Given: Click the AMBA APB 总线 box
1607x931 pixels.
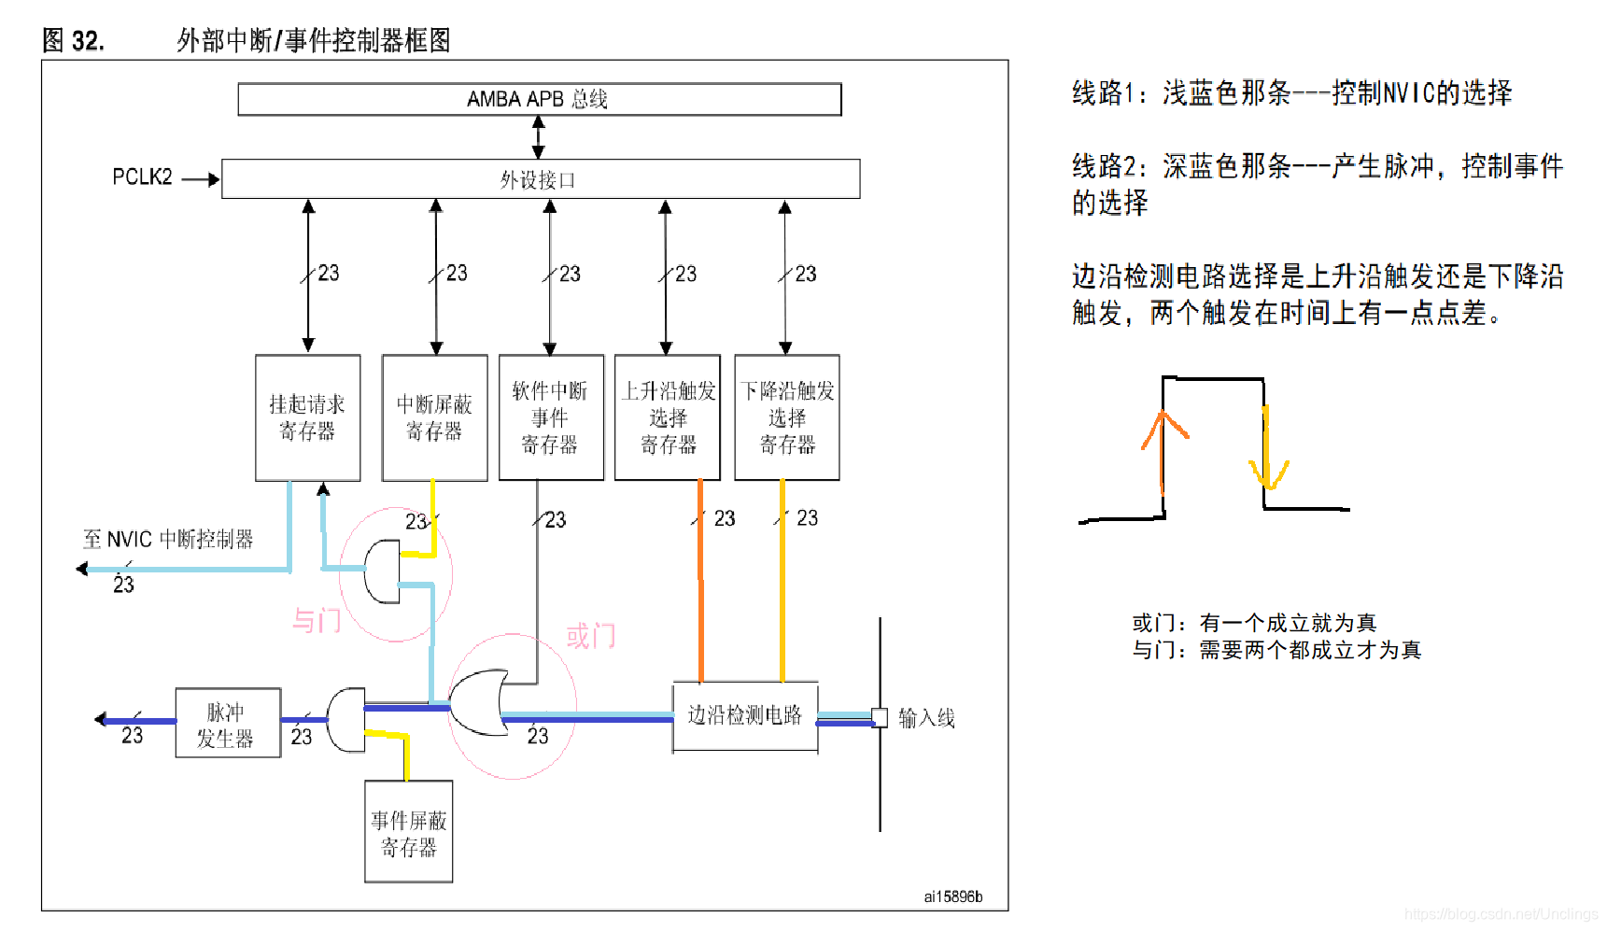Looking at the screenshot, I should pyautogui.click(x=539, y=99).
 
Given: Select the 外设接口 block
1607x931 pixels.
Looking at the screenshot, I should pyautogui.click(x=539, y=179).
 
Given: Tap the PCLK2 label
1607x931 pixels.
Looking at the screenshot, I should pyautogui.click(x=142, y=177).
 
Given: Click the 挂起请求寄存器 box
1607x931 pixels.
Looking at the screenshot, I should pyautogui.click(x=307, y=417).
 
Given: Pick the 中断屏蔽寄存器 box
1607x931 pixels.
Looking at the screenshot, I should pyautogui.click(x=434, y=417).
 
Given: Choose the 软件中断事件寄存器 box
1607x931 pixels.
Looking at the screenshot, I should pyautogui.click(x=550, y=417).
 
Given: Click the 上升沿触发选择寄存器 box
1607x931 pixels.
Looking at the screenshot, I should pyautogui.click(x=667, y=417).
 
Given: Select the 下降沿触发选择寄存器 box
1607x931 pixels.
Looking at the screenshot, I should pyautogui.click(x=786, y=417).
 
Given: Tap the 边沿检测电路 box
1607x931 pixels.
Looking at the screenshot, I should pyautogui.click(x=744, y=715).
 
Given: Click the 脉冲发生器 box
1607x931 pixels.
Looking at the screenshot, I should pyautogui.click(x=227, y=724).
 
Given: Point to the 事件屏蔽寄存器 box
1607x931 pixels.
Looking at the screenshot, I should pyautogui.click(x=408, y=832).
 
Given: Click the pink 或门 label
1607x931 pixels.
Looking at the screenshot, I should pyautogui.click(x=590, y=637).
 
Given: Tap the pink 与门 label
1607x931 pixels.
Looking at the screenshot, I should pyautogui.click(x=316, y=620).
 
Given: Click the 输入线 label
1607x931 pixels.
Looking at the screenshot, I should pyautogui.click(x=926, y=718).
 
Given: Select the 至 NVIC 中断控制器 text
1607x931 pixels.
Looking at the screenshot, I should pyautogui.click(x=168, y=540).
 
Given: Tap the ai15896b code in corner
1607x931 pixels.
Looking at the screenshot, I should pyautogui.click(x=952, y=896).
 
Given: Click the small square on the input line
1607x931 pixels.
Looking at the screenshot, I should pyautogui.click(x=879, y=717).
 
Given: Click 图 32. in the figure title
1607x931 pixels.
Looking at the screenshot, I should pyautogui.click(x=73, y=41).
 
